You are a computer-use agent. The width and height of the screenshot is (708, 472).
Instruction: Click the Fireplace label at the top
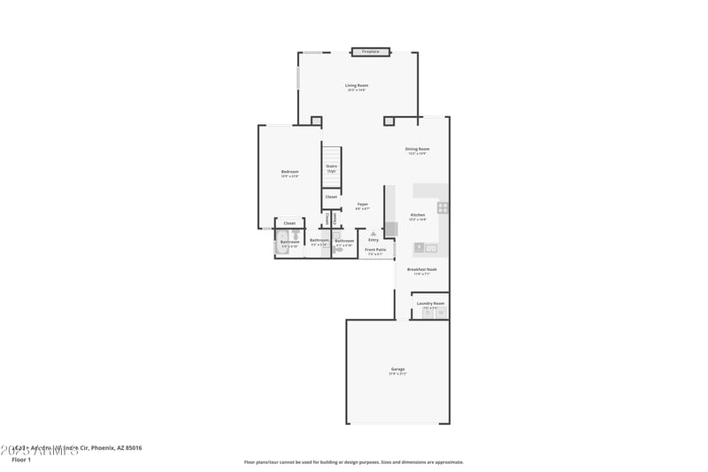[x=370, y=52]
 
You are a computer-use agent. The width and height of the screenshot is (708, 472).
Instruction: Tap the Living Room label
[x=356, y=85]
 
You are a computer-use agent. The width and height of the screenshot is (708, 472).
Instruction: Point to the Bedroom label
[x=289, y=171]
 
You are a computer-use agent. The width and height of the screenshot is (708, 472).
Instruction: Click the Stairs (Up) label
[x=331, y=166]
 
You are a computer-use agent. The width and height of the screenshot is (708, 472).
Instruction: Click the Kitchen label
[x=418, y=215]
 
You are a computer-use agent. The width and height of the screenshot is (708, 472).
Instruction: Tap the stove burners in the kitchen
[x=442, y=208]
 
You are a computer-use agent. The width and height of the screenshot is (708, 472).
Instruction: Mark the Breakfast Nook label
[x=422, y=269]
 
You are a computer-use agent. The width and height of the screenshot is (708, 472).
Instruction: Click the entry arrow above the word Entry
[x=373, y=234]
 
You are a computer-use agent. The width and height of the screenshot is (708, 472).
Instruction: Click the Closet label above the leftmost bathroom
[x=289, y=223]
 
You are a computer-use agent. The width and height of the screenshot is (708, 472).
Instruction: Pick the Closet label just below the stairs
[x=331, y=197]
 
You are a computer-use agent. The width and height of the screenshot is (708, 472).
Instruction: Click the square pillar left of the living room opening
[x=316, y=120]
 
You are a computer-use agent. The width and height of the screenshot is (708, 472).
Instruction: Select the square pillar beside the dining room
[x=389, y=120]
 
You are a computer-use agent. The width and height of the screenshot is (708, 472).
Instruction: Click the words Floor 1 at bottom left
[x=21, y=460]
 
